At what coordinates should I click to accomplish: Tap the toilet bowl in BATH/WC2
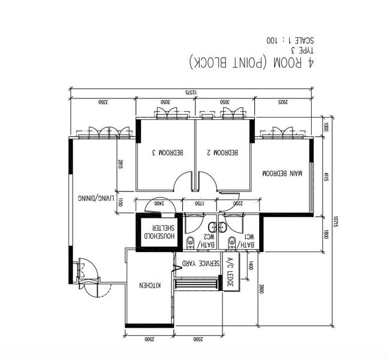(x=191, y=243)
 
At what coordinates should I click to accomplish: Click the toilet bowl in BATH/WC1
(x=231, y=243)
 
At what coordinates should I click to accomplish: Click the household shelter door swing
(x=159, y=204)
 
